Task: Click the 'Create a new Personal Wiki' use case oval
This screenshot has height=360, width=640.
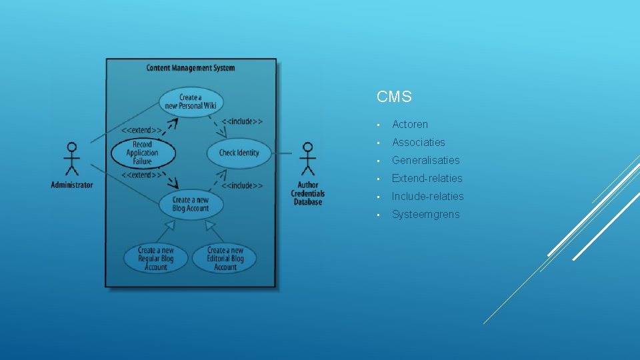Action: point(191,102)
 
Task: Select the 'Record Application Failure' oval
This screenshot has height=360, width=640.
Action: point(142,153)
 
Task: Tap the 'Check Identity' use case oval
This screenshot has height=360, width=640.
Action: point(239,153)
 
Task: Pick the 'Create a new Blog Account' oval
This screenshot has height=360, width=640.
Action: point(191,204)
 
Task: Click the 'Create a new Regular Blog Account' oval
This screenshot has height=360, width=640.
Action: point(156,259)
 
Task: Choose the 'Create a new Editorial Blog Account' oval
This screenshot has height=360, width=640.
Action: point(225,259)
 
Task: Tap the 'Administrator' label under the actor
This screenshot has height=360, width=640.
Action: point(72,185)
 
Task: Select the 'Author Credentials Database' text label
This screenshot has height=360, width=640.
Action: point(307,193)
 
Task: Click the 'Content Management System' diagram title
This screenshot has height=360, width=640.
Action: point(191,68)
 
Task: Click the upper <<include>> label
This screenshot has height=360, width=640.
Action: point(241,121)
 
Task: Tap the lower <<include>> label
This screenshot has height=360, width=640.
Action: point(241,185)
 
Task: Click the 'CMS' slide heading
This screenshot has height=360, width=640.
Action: point(394,97)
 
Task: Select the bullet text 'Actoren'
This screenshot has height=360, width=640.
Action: point(410,125)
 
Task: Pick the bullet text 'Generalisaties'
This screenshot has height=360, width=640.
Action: point(425,161)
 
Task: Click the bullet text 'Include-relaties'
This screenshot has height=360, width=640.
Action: point(427,197)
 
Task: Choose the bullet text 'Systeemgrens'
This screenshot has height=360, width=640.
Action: point(425,215)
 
